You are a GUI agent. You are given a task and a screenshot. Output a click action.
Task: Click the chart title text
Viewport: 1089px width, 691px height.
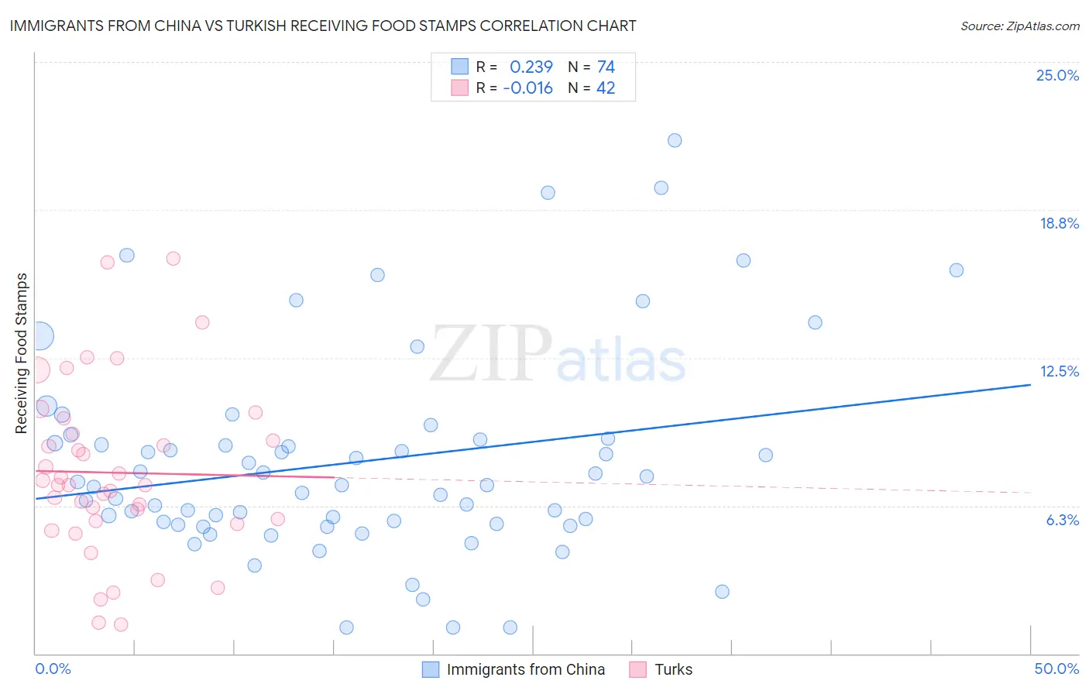[323, 26]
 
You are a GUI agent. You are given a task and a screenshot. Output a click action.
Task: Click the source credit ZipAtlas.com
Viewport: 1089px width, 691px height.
[1019, 26]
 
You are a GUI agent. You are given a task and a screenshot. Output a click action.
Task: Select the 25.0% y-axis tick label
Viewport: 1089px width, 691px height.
[1057, 75]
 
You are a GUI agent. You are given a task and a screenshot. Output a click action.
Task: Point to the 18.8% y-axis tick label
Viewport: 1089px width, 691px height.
[1059, 223]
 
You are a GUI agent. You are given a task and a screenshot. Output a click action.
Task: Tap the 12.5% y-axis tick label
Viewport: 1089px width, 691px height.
[1059, 371]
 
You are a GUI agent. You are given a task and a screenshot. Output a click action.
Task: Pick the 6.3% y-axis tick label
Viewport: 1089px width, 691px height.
[1062, 520]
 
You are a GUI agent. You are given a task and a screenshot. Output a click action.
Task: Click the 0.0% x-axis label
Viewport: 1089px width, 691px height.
[53, 669]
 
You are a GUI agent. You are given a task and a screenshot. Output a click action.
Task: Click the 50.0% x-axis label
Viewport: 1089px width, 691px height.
[1056, 669]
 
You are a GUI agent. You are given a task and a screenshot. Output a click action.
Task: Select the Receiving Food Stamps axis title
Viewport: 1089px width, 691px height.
[22, 353]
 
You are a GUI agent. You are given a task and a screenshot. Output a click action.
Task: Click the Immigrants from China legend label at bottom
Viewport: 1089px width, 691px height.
[525, 669]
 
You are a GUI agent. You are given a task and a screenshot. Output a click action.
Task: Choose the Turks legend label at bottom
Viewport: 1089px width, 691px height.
[673, 669]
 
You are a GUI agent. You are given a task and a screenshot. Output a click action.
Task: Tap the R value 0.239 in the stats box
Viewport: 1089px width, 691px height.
[531, 67]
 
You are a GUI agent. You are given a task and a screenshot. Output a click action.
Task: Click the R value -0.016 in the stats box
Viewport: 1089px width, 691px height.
[527, 88]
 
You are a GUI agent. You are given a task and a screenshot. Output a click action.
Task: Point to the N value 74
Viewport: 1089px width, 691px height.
[606, 67]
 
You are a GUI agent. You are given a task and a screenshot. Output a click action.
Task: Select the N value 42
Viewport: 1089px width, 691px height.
[606, 88]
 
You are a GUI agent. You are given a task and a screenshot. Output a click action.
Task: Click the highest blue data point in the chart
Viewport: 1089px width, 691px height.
[675, 140]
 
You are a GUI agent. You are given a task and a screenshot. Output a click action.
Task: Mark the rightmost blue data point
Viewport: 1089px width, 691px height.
[957, 270]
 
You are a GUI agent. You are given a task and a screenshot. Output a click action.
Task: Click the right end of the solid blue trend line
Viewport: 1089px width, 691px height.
[1030, 384]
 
